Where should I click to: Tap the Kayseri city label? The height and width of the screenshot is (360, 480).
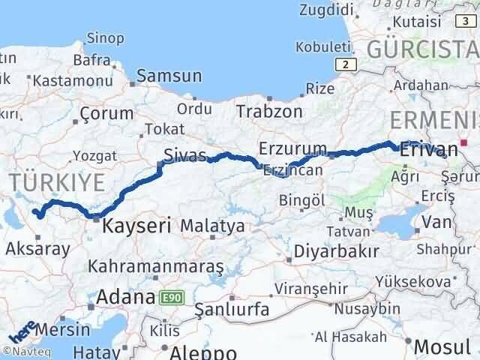click(x=136, y=223)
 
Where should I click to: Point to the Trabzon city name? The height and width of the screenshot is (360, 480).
click(x=269, y=112)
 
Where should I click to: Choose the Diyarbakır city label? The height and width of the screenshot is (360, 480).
click(x=334, y=250)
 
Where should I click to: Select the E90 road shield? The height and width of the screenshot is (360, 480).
click(x=172, y=298)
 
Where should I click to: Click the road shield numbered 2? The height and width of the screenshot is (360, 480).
click(x=344, y=64)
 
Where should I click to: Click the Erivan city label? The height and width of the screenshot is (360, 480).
click(x=429, y=148)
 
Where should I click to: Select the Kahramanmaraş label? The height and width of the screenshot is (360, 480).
click(x=157, y=265)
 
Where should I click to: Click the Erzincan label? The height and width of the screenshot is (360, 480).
click(x=292, y=170)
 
